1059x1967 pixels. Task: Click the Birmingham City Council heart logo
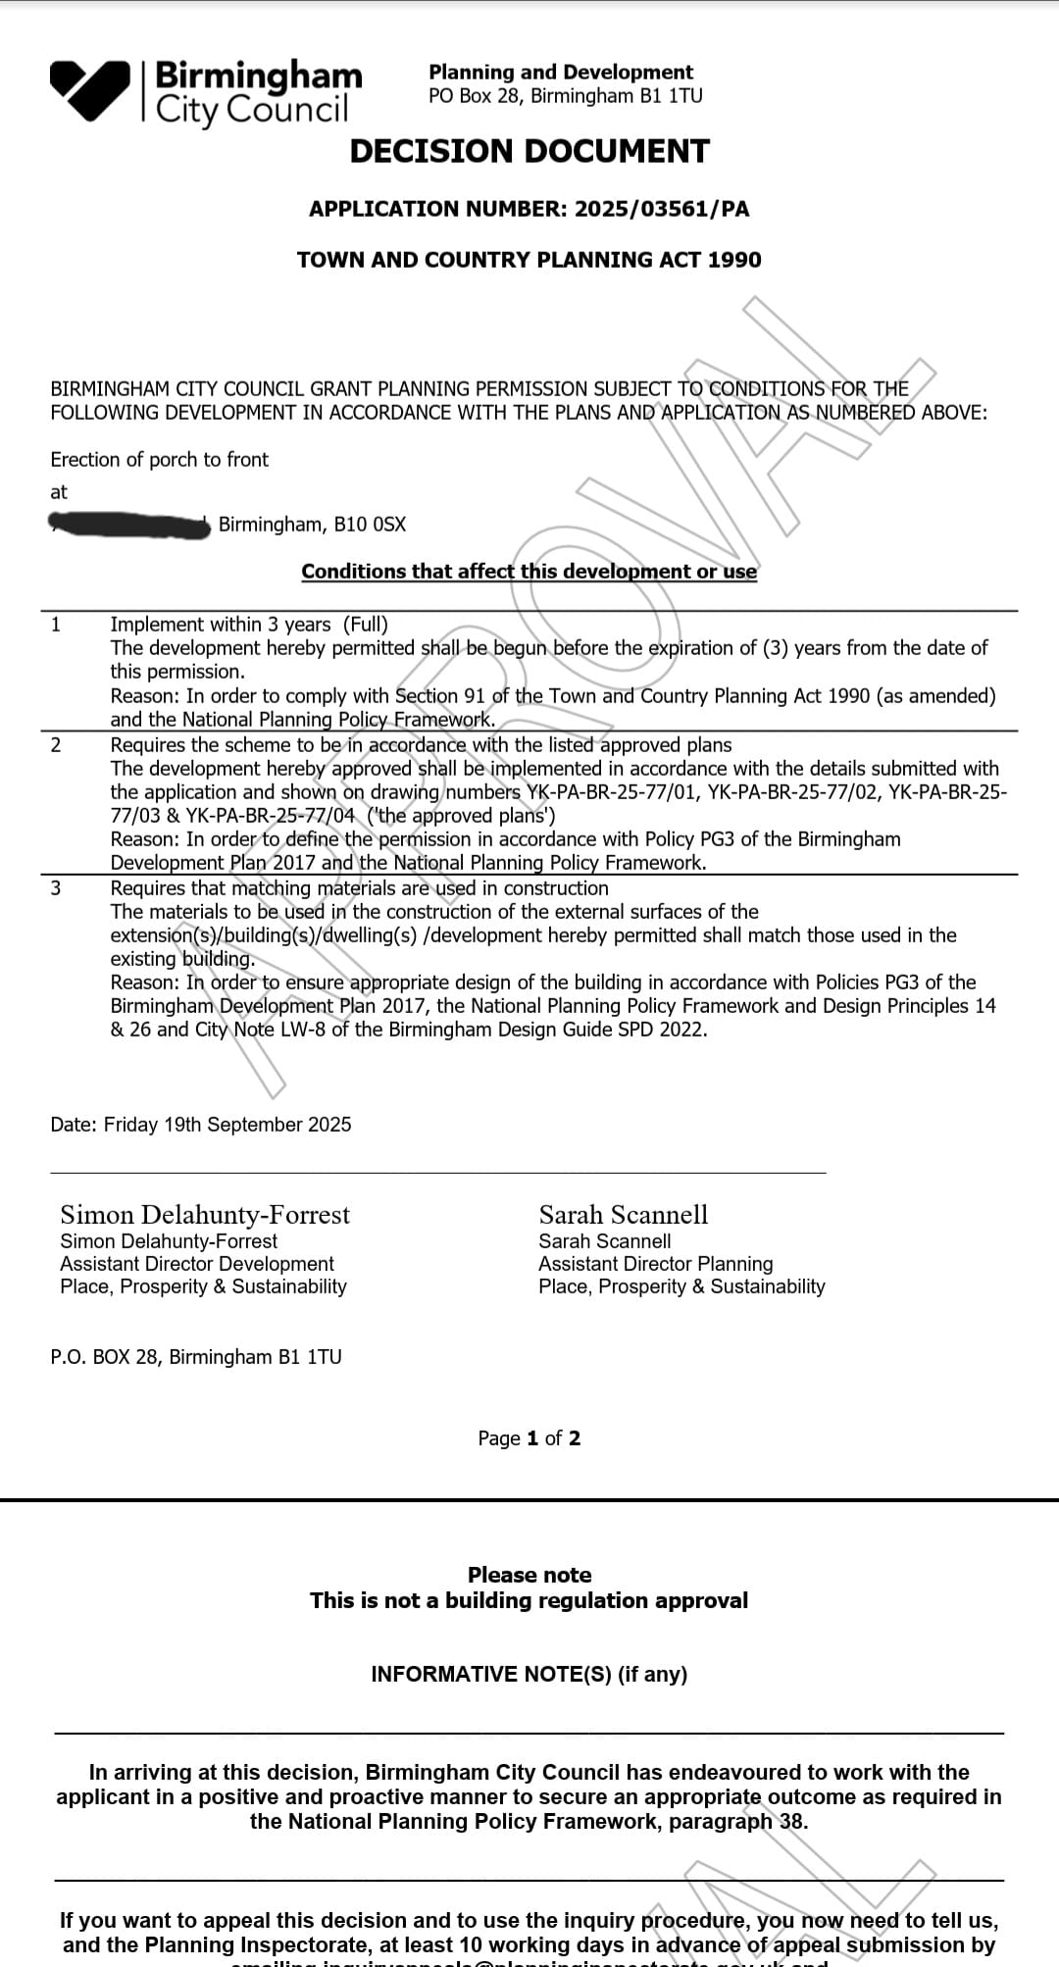click(89, 89)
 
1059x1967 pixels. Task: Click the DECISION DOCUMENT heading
click(529, 151)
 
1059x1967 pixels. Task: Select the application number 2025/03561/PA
click(662, 209)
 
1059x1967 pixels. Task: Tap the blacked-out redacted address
click(130, 526)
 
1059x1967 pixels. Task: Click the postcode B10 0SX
click(370, 525)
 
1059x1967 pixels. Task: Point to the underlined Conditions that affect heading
click(529, 572)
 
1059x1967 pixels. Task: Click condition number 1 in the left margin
click(56, 625)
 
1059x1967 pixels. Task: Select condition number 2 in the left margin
click(56, 745)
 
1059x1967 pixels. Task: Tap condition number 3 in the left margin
click(56, 888)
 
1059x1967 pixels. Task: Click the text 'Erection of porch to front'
click(159, 460)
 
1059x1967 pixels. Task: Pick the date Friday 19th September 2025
click(227, 1125)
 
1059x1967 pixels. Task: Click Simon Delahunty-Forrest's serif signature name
click(205, 1215)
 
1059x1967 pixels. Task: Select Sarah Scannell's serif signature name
click(624, 1215)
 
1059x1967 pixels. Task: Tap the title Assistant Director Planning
click(655, 1264)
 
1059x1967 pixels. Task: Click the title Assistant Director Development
click(197, 1264)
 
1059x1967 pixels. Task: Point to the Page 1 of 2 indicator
click(529, 1438)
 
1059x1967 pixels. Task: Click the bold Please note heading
click(529, 1575)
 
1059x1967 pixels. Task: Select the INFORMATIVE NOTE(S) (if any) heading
click(529, 1674)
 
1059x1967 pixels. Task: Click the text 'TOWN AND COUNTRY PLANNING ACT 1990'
click(529, 260)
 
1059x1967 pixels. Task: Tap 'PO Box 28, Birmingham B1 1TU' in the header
click(566, 96)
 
